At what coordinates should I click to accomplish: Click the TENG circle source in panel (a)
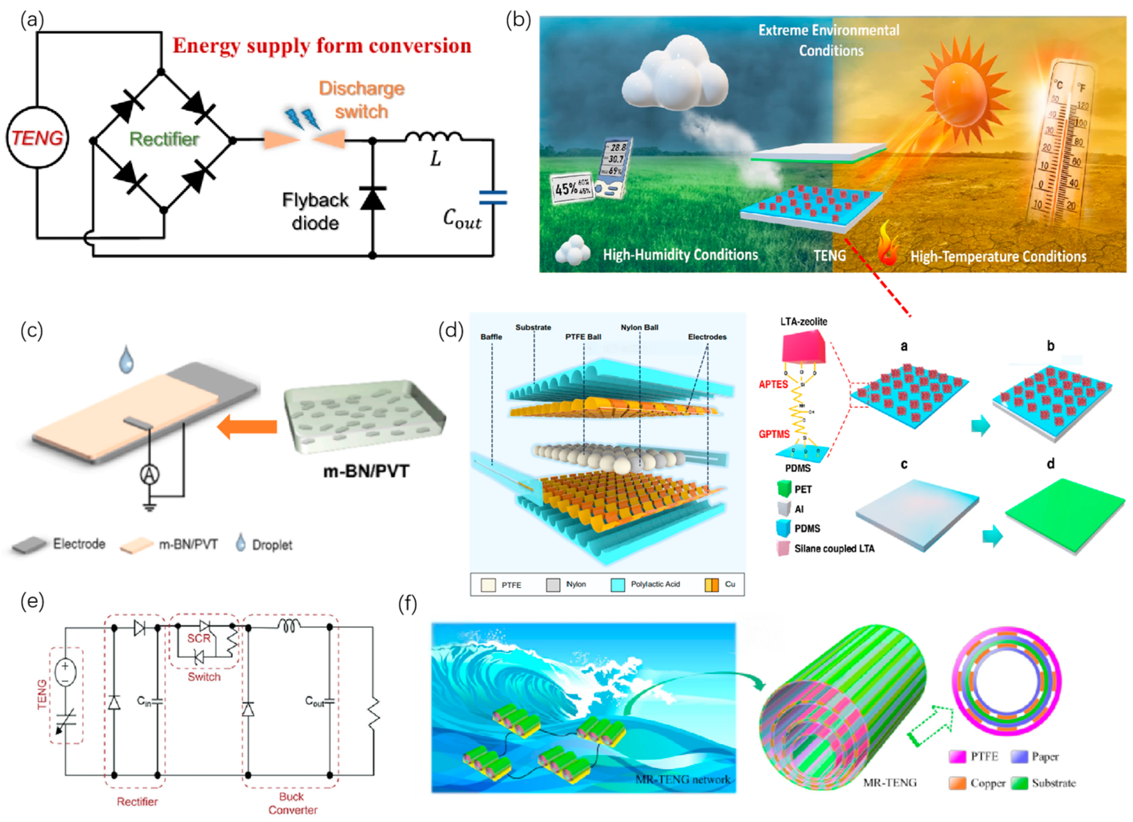[x=37, y=137]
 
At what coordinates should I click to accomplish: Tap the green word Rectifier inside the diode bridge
[x=164, y=139]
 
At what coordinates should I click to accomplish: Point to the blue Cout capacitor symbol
[x=493, y=198]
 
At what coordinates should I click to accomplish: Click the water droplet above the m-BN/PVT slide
[x=126, y=359]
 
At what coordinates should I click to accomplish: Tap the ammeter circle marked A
[x=149, y=474]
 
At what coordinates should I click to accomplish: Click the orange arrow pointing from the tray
[x=247, y=426]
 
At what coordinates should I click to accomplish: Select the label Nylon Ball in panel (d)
[x=639, y=327]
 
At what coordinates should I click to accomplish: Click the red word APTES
[x=773, y=384]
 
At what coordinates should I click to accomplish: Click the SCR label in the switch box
[x=199, y=638]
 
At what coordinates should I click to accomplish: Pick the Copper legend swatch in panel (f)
[x=958, y=783]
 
